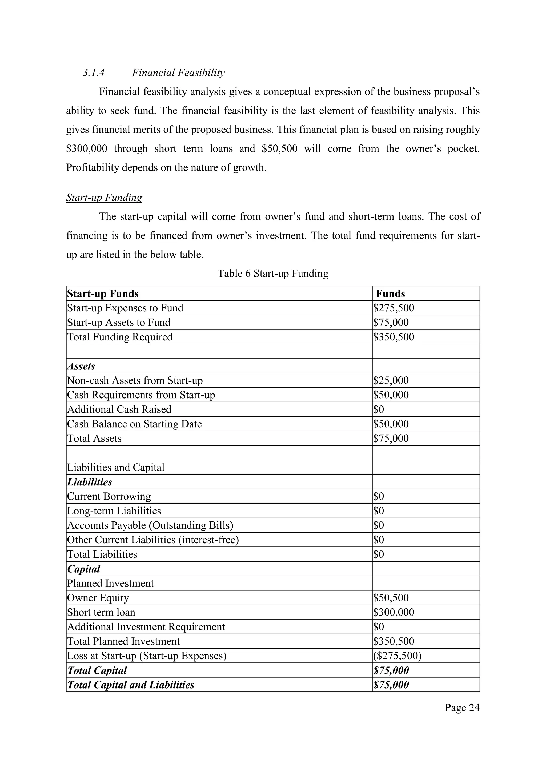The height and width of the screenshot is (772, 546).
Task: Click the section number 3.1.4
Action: point(94,73)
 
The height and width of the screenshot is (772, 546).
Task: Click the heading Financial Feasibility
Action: point(178,73)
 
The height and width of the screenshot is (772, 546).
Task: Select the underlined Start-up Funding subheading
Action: point(104,197)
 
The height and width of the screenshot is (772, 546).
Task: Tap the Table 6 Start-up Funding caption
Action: point(273,273)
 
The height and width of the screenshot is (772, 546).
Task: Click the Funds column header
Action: point(390,294)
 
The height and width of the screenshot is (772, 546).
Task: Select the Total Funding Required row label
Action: point(120,337)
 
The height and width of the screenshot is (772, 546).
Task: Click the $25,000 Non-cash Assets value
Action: point(391,381)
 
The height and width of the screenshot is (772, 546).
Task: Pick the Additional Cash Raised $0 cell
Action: point(378,409)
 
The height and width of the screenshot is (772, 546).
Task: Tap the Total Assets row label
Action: point(94,439)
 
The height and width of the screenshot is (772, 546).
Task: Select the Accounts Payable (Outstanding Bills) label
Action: point(150,525)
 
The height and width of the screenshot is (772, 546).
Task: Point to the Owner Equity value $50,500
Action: point(391,598)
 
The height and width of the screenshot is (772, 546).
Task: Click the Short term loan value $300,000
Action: point(393,612)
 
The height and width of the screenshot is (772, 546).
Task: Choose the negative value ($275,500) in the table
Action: point(397,656)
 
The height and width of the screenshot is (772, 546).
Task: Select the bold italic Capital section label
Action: point(84,569)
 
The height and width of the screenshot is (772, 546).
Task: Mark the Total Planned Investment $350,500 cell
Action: point(393,641)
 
